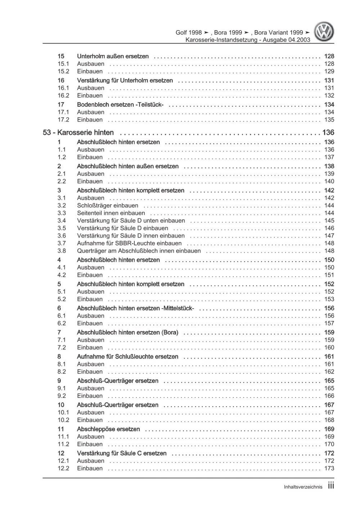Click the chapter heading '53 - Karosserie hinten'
pyautogui.click(x=78, y=133)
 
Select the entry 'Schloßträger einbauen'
pyautogui.click(x=107, y=206)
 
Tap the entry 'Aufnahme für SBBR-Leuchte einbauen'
pyautogui.click(x=129, y=244)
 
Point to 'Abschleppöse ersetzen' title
pyautogui.click(x=108, y=429)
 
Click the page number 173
pyautogui.click(x=329, y=468)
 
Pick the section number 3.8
pyautogui.click(x=62, y=251)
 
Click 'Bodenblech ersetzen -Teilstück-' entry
pyautogui.click(x=120, y=105)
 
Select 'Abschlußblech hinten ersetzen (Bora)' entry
pyautogui.click(x=127, y=333)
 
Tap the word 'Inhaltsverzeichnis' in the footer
pyautogui.click(x=303, y=487)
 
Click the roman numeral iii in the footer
pyautogui.click(x=331, y=486)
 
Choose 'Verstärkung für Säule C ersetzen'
pyautogui.click(x=122, y=453)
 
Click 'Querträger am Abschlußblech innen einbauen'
pyautogui.click(x=139, y=251)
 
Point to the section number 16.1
pyautogui.click(x=63, y=88)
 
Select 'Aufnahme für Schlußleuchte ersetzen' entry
pyautogui.click(x=127, y=357)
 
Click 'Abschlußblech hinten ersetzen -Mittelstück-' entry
pyautogui.click(x=135, y=308)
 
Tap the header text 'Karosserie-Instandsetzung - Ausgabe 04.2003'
pyautogui.click(x=248, y=40)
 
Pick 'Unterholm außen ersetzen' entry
pyautogui.click(x=113, y=56)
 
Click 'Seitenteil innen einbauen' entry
pyautogui.click(x=111, y=213)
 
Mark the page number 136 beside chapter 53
pyautogui.click(x=328, y=133)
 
